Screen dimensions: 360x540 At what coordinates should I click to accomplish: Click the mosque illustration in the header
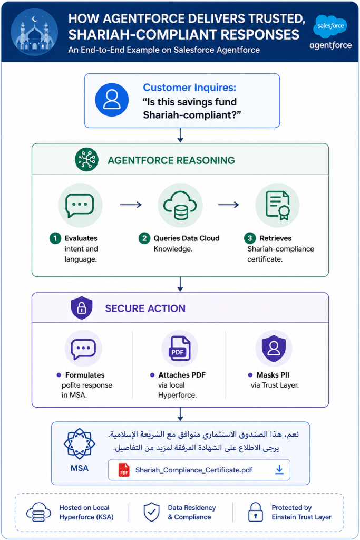pos(34,32)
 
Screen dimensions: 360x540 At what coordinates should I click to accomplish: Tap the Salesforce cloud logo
pos(330,26)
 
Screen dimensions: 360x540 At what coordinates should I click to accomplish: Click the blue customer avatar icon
pos(112,100)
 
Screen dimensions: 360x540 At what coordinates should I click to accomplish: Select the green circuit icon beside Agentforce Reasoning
pos(86,159)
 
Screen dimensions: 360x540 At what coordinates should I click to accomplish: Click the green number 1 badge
pos(55,238)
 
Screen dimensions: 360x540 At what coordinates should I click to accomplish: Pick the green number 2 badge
pos(144,238)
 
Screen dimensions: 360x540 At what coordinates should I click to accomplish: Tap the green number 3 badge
pos(250,238)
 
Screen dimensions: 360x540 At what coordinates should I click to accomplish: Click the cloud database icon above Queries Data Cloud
pos(180,205)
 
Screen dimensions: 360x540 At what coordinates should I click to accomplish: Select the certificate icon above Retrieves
pos(277,205)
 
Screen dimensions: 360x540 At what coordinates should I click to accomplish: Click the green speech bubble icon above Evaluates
pos(80,205)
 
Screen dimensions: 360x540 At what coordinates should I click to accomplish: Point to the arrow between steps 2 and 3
pos(229,205)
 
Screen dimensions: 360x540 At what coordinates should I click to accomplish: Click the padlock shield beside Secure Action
pos(82,308)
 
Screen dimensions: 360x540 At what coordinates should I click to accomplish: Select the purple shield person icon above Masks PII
pos(274,348)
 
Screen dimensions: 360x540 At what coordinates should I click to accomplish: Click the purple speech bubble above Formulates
pos(83,349)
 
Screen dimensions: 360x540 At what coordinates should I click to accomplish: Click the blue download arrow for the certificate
pos(279,470)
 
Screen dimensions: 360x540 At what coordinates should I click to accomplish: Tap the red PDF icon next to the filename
pos(124,470)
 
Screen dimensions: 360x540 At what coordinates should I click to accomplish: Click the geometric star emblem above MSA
pos(80,444)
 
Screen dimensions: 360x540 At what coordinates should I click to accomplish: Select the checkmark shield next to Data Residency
pos(151,512)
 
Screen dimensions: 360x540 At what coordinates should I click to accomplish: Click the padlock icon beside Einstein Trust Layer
pos(255,512)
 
